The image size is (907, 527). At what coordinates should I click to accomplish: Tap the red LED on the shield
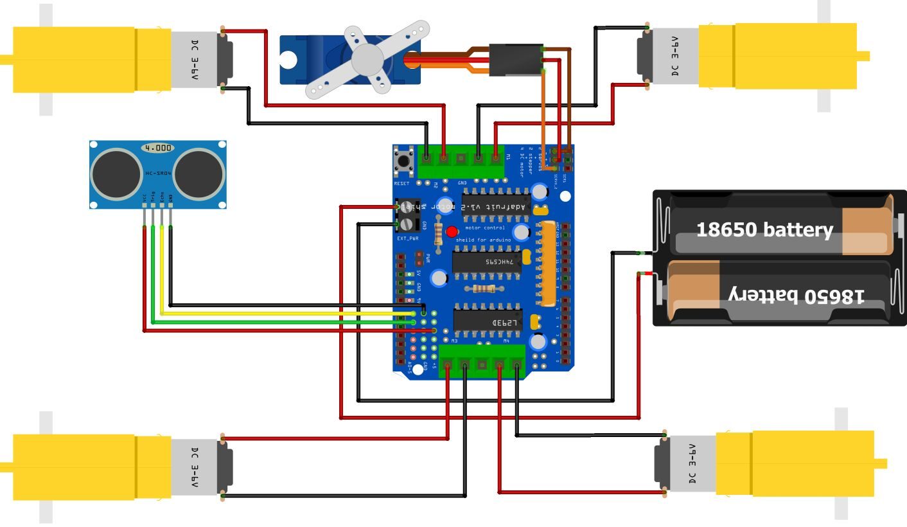click(452, 231)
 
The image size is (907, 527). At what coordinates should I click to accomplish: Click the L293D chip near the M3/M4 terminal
click(488, 320)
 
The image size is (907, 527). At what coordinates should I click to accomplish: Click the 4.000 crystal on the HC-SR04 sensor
click(158, 148)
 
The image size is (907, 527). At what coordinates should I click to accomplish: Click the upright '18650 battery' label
click(764, 229)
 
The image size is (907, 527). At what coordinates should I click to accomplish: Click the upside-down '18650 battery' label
click(797, 296)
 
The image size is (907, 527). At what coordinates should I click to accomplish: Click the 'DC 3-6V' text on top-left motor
click(195, 60)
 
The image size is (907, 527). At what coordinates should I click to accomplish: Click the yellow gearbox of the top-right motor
click(777, 56)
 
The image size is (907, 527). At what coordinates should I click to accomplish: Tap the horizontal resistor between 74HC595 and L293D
click(484, 289)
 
